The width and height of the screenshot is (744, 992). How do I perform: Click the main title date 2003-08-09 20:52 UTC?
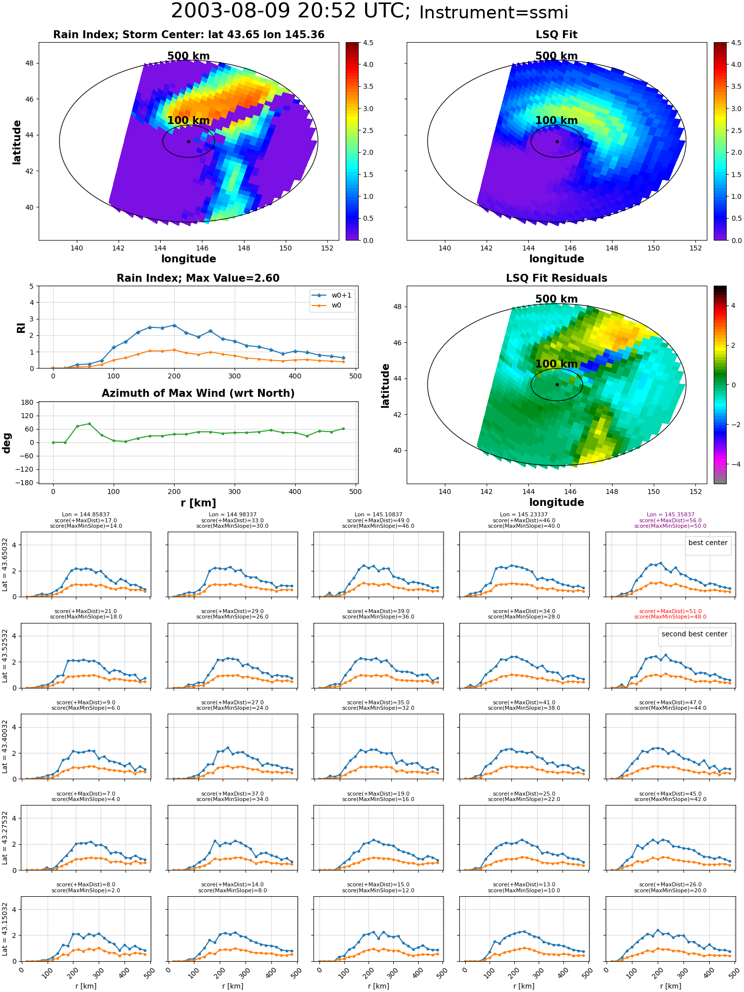pyautogui.click(x=291, y=11)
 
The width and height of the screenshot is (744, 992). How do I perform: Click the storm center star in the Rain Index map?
pyautogui.click(x=188, y=141)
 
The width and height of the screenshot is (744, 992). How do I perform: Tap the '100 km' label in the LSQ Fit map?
pyautogui.click(x=557, y=121)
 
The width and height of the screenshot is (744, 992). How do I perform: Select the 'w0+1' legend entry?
pyautogui.click(x=332, y=295)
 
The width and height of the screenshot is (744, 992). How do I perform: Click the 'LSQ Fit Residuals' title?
pyautogui.click(x=557, y=278)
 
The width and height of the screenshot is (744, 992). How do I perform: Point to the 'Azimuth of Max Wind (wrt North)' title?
pyautogui.click(x=198, y=393)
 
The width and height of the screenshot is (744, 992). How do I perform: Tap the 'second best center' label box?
pyautogui.click(x=694, y=634)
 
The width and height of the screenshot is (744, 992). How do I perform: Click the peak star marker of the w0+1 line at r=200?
pyautogui.click(x=174, y=325)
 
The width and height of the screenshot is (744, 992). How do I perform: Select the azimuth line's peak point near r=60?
pyautogui.click(x=89, y=424)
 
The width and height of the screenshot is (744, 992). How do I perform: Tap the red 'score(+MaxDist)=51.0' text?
pyautogui.click(x=671, y=612)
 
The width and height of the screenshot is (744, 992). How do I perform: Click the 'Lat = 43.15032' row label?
pyautogui.click(x=5, y=929)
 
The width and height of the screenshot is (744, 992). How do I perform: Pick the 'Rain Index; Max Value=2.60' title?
pyautogui.click(x=198, y=278)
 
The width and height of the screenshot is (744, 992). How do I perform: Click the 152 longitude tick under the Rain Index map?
pyautogui.click(x=327, y=248)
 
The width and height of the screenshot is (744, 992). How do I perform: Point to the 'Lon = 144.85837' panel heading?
pyautogui.click(x=86, y=515)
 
